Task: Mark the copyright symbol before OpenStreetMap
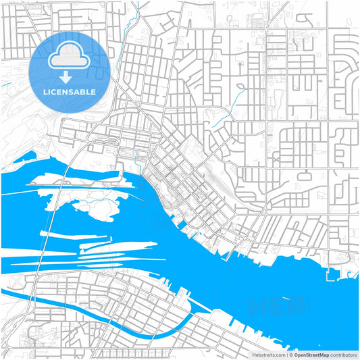coord(291,355)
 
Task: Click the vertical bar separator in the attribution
coord(287,355)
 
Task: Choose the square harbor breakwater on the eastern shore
coord(331,274)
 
